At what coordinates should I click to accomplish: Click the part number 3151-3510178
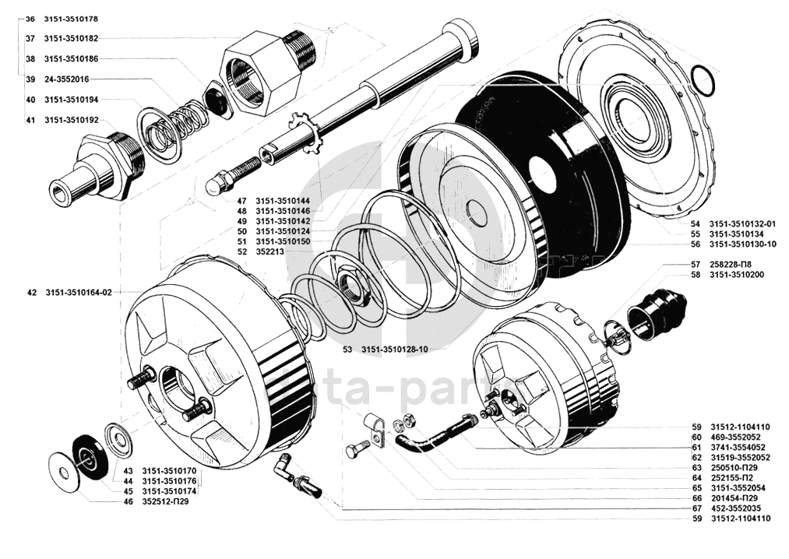point(70,19)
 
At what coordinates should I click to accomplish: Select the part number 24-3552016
point(66,79)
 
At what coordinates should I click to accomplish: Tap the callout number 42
point(31,292)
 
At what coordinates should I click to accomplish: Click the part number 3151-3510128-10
point(394,350)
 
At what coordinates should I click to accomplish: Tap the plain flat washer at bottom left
point(64,473)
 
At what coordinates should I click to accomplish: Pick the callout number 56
point(696,244)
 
